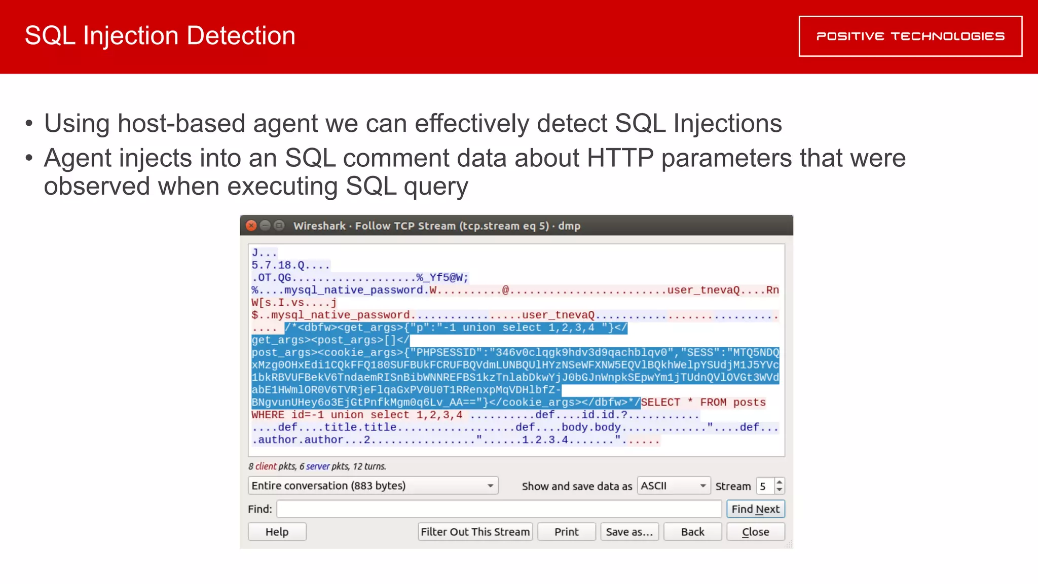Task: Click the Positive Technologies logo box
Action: coord(910,36)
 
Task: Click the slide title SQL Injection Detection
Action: coord(160,36)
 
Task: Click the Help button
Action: coord(277,532)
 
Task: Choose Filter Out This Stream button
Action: coord(475,532)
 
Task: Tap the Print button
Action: coord(566,532)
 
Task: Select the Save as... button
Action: coord(629,532)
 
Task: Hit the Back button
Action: coord(692,532)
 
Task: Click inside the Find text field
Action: coord(499,509)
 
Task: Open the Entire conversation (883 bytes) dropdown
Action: coord(373,486)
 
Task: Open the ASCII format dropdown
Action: coord(674,486)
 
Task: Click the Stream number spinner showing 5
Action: coord(770,486)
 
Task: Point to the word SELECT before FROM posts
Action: coord(660,403)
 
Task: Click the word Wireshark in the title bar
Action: coord(319,226)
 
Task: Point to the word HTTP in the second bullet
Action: coord(620,158)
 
